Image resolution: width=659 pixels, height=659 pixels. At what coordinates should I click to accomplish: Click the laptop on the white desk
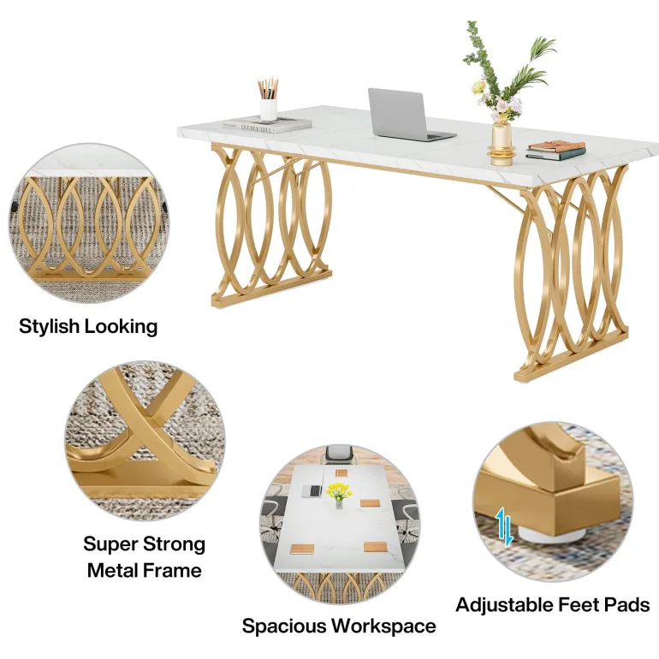click(x=407, y=116)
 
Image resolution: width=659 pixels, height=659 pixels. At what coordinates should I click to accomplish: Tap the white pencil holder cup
click(x=268, y=110)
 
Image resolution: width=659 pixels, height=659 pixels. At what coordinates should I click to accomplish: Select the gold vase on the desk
click(x=502, y=144)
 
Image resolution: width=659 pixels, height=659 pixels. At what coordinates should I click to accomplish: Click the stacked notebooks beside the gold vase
click(x=555, y=150)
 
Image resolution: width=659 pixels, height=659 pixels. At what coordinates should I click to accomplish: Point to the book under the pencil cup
click(x=267, y=125)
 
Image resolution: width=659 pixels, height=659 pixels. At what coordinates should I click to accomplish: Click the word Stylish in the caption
click(x=49, y=327)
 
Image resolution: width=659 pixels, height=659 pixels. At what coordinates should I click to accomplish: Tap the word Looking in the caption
click(x=121, y=327)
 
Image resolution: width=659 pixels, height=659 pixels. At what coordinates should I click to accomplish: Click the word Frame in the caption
click(x=172, y=570)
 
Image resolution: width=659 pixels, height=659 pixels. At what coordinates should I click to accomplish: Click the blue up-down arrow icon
click(x=503, y=527)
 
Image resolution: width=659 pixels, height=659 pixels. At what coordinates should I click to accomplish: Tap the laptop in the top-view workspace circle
click(x=312, y=490)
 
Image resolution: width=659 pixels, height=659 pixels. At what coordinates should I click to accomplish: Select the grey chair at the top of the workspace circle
click(x=340, y=454)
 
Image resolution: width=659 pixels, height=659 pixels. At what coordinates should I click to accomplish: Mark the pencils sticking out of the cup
click(x=268, y=88)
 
